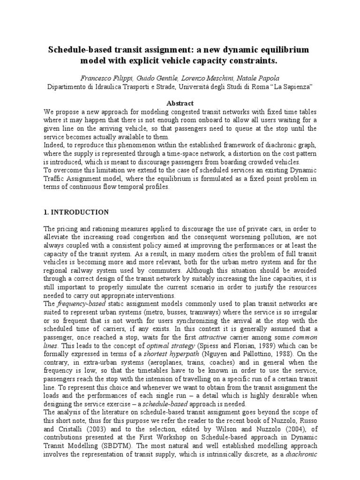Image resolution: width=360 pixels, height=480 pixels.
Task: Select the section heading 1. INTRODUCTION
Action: click(x=75, y=212)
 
